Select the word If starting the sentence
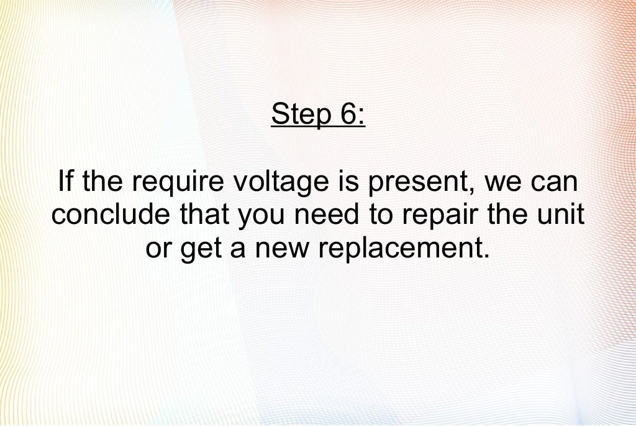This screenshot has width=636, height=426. tap(65, 182)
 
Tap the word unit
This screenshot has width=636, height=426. tap(562, 215)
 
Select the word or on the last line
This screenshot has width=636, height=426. tap(158, 249)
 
